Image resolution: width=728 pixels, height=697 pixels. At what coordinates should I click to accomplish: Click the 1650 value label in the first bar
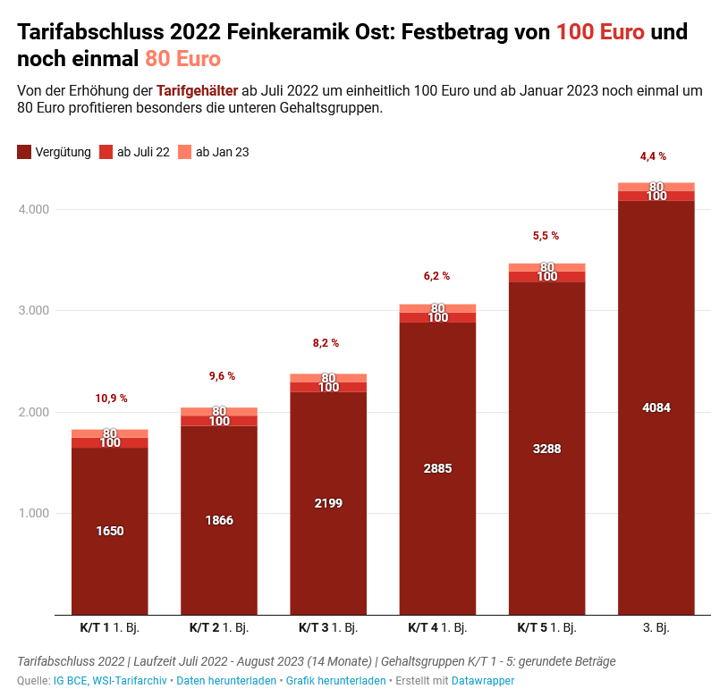click(x=109, y=531)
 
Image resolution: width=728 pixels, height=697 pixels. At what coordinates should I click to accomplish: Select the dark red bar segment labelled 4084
click(x=656, y=408)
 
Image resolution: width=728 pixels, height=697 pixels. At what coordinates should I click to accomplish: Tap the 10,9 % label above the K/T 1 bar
click(x=111, y=399)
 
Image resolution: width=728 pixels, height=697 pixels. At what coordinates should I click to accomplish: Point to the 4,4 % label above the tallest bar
click(x=653, y=156)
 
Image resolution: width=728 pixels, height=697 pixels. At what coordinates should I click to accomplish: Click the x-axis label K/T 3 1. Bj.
click(x=328, y=628)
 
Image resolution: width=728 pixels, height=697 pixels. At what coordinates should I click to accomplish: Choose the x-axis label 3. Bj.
click(x=656, y=628)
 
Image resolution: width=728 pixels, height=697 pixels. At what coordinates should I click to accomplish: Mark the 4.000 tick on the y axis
click(x=34, y=209)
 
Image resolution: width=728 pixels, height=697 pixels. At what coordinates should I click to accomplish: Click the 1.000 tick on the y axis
click(x=34, y=513)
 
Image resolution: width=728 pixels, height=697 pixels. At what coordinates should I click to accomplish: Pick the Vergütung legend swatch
click(x=24, y=152)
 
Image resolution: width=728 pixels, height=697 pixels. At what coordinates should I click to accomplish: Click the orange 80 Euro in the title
click(x=182, y=60)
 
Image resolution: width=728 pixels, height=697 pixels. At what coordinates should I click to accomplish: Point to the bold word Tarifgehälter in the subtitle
click(x=197, y=91)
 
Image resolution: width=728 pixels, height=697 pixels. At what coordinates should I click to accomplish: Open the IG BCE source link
click(x=71, y=681)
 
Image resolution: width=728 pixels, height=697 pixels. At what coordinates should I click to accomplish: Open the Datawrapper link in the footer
click(x=483, y=681)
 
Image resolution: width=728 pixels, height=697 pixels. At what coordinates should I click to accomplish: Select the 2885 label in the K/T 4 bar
click(x=437, y=469)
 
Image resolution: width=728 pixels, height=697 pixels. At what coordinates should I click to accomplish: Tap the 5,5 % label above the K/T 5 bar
click(x=546, y=236)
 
